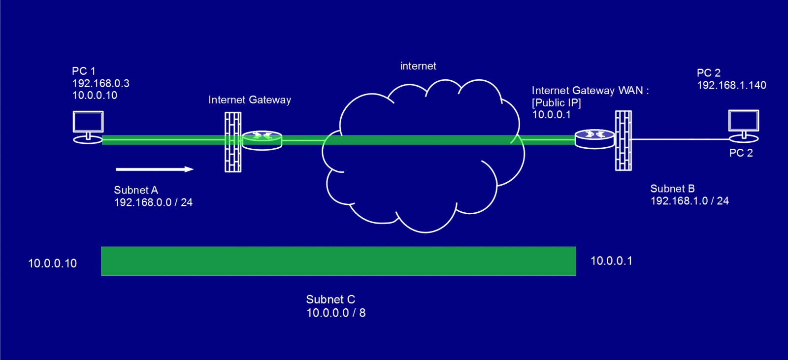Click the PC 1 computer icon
[x=88, y=126]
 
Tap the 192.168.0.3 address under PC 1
[x=100, y=83]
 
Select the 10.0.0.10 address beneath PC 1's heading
[x=95, y=96]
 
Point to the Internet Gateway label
[x=249, y=100]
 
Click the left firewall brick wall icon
[x=233, y=142]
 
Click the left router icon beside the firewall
[x=262, y=140]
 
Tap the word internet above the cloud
[x=418, y=66]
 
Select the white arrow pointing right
[x=154, y=169]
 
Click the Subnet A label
[x=136, y=190]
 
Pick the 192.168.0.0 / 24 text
[x=153, y=202]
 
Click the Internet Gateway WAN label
[x=590, y=91]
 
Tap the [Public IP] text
[x=557, y=103]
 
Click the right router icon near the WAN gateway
[x=594, y=139]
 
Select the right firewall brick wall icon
[x=624, y=141]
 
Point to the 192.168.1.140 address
[x=731, y=85]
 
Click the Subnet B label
[x=672, y=189]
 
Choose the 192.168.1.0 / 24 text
[x=689, y=201]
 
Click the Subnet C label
[x=330, y=299]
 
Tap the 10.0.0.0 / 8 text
[x=336, y=313]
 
